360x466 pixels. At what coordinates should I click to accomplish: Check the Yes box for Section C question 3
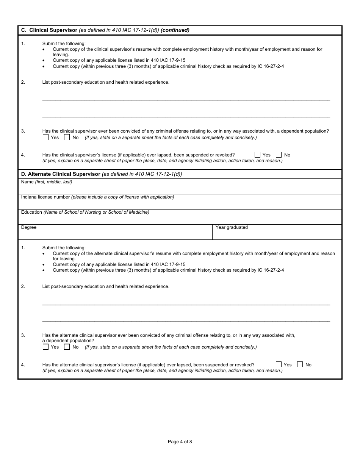[x=46, y=138]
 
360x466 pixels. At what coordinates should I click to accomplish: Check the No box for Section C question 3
[x=67, y=138]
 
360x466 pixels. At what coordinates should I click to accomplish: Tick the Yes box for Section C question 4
[x=258, y=155]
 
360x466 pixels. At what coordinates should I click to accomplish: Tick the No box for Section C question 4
[x=279, y=155]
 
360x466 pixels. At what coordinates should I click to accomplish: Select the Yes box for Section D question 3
[x=46, y=347]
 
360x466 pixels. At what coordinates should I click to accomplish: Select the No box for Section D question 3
[x=67, y=347]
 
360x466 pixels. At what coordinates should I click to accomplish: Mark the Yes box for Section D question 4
[x=279, y=364]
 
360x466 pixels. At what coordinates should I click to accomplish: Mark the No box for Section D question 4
[x=300, y=364]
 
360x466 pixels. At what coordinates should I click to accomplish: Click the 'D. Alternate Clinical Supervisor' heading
[x=61, y=174]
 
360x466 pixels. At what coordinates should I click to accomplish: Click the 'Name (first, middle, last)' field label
[x=47, y=182]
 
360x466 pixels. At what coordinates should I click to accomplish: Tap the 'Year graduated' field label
[x=232, y=227]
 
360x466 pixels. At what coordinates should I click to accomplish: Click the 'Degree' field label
[x=29, y=227]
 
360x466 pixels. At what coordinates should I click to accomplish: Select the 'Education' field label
[x=31, y=212]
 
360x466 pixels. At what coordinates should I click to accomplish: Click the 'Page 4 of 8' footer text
[x=180, y=441]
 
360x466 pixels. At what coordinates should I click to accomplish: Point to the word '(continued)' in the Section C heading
[x=175, y=30]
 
